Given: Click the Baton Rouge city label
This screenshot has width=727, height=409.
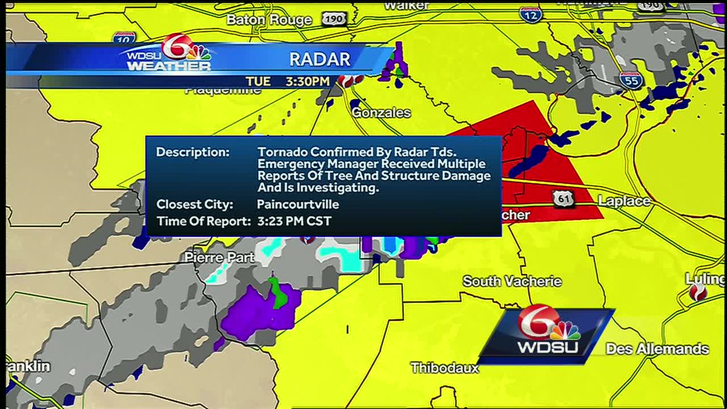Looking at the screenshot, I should tap(268, 19).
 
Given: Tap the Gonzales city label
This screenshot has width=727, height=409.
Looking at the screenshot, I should tap(381, 113).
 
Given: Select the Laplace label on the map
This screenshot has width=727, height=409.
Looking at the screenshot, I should tap(623, 201).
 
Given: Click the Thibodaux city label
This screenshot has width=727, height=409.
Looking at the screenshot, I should tap(445, 368).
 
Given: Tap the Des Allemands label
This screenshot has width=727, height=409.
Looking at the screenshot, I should tap(657, 349).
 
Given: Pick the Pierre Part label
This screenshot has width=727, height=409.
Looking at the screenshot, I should tap(219, 258).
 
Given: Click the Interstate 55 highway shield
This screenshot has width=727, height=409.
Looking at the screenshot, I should tap(631, 80).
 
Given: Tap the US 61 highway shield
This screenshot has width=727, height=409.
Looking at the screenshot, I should tap(560, 196).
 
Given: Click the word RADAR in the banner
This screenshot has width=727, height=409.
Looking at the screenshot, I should tap(320, 59).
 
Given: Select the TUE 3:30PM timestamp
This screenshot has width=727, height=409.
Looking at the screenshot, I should tap(287, 81).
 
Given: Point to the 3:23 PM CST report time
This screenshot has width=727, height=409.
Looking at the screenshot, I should tap(294, 221).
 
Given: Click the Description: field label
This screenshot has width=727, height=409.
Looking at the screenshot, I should tap(193, 152).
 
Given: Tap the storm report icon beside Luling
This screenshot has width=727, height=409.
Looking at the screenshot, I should tap(698, 293).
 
